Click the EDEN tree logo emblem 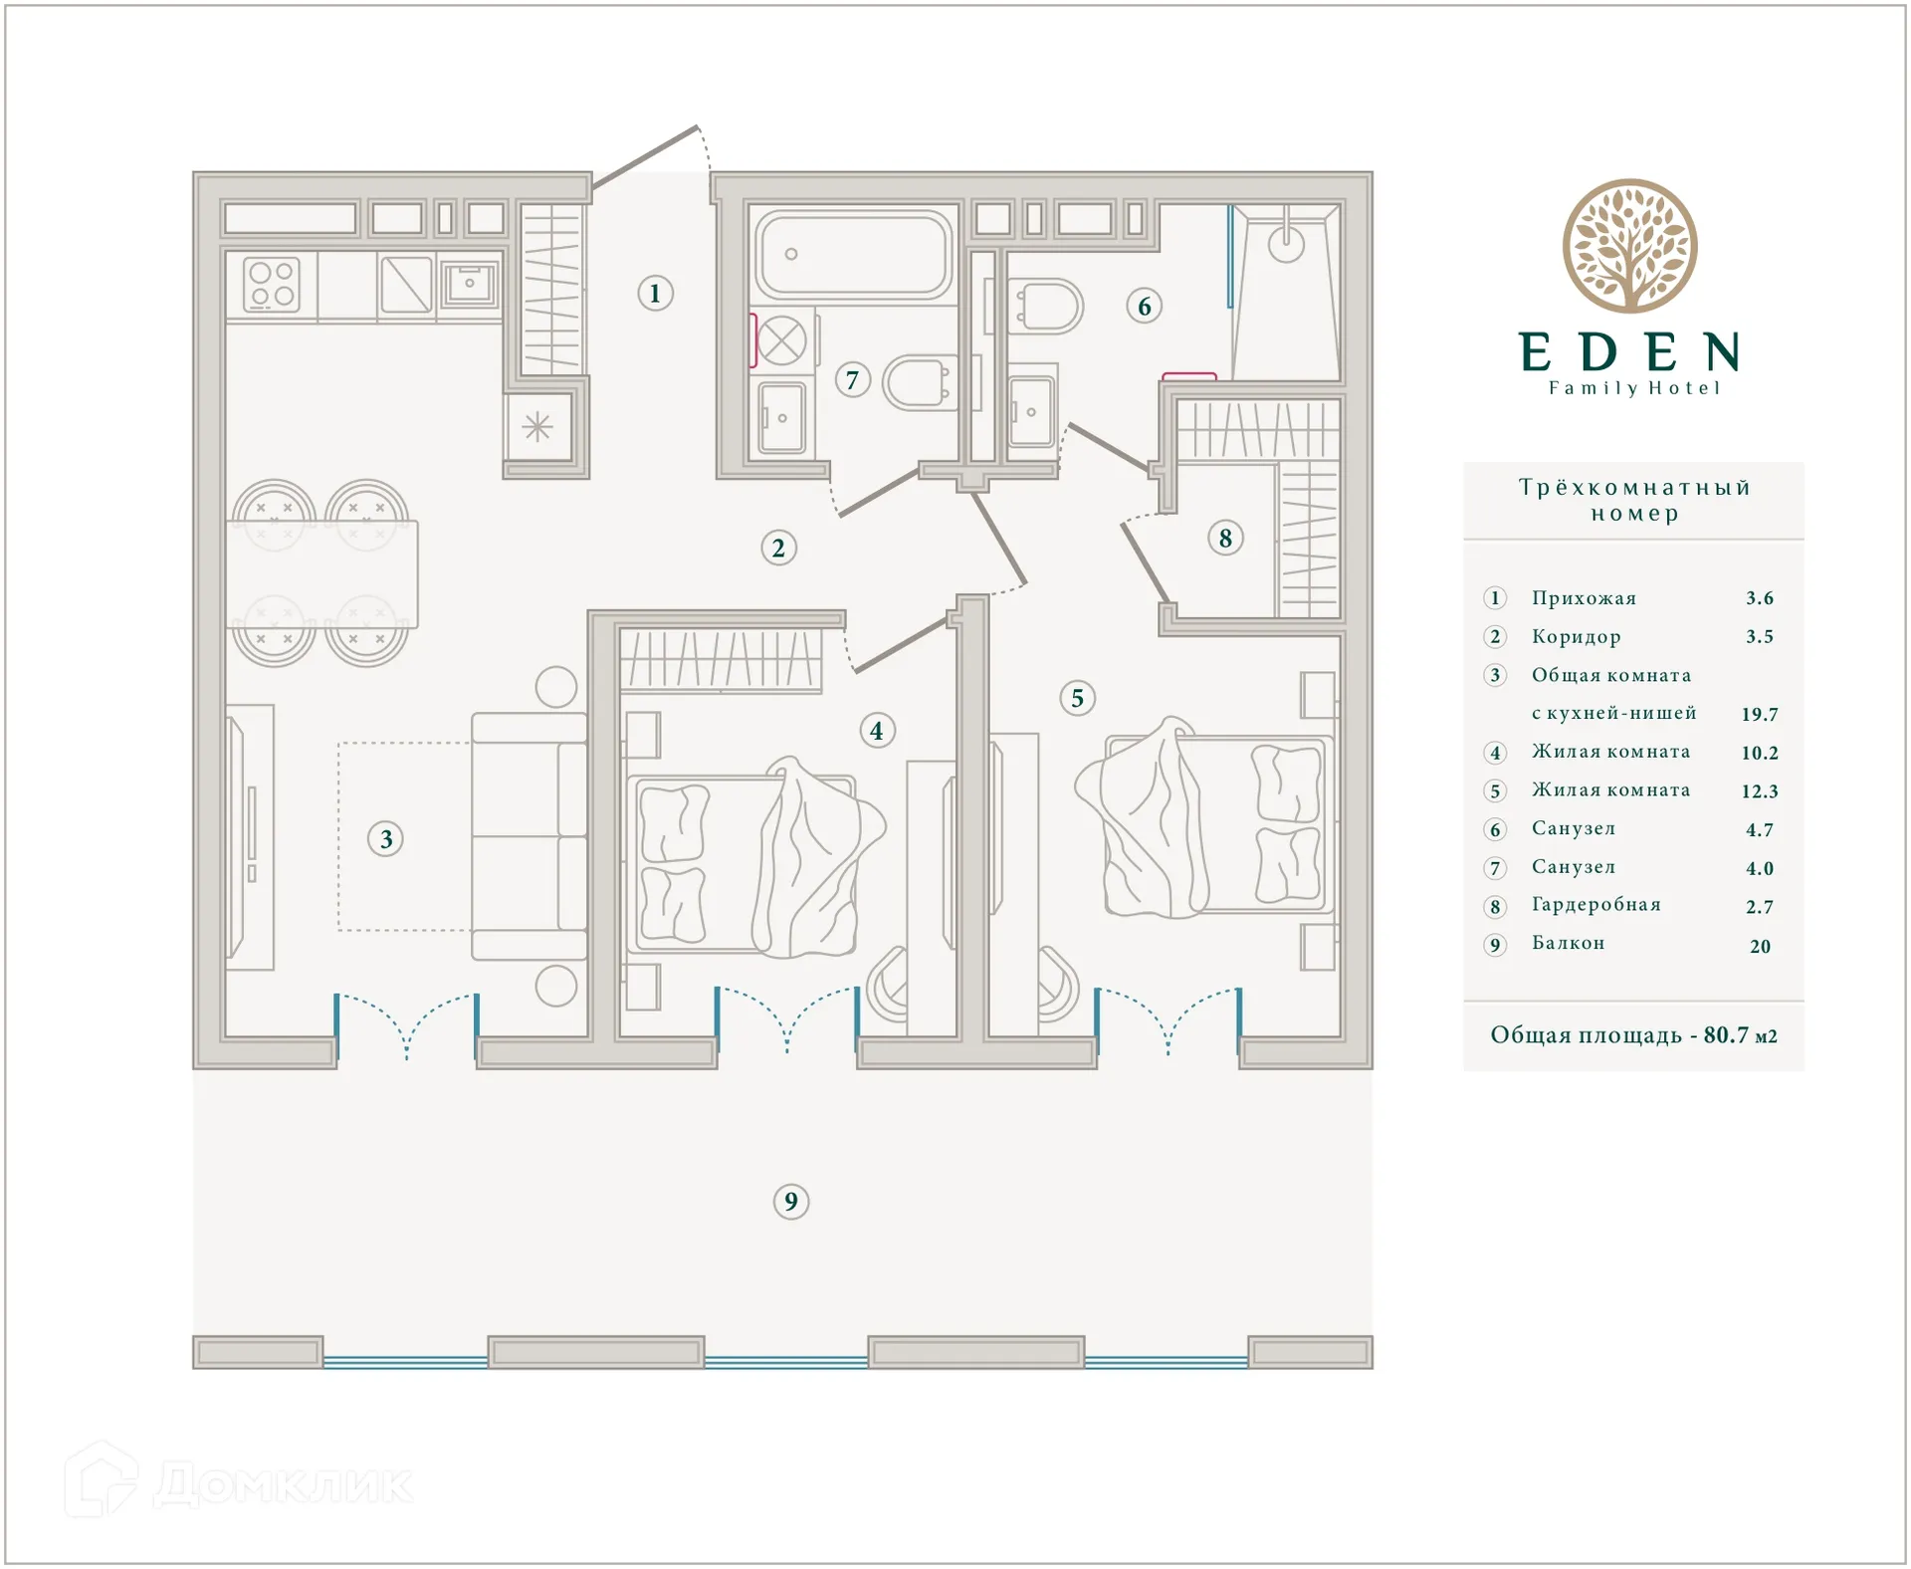click(1629, 246)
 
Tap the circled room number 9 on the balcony click(791, 1202)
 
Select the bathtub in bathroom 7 click(854, 255)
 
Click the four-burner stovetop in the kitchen click(272, 284)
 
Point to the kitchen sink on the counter click(470, 285)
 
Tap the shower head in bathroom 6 click(1286, 243)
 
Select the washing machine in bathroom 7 click(782, 340)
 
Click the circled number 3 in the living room click(386, 839)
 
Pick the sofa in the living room click(530, 836)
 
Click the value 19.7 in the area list click(1759, 714)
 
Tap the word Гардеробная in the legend click(1595, 905)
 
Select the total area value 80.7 click(1725, 1035)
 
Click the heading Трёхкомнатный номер click(1633, 500)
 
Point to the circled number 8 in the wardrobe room click(1225, 539)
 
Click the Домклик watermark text click(284, 1484)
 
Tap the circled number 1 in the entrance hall click(655, 294)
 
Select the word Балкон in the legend click(1568, 943)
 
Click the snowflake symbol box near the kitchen click(537, 427)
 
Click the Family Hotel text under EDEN click(1633, 388)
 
